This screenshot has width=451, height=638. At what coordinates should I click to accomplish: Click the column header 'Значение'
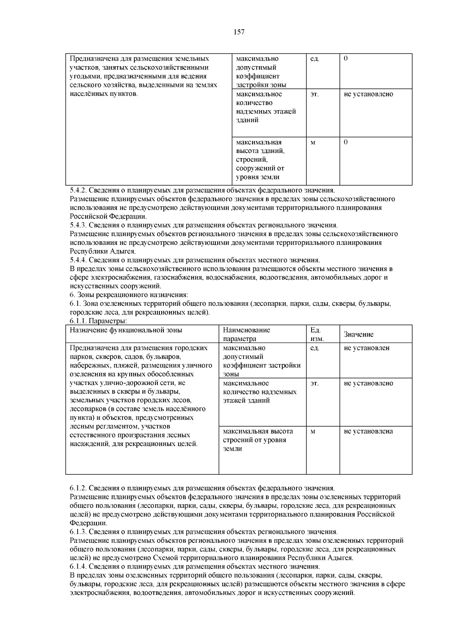click(359, 334)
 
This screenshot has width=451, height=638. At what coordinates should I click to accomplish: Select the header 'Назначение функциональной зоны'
click(126, 330)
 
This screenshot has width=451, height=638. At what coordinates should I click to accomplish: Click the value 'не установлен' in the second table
click(366, 348)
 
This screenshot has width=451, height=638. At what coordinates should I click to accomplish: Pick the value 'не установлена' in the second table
click(368, 431)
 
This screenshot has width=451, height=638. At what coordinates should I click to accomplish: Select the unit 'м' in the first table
click(313, 142)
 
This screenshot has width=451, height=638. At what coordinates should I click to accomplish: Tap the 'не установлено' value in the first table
click(368, 94)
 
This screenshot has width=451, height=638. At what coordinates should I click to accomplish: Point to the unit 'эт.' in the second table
click(314, 383)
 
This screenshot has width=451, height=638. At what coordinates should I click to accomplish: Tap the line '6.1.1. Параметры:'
click(98, 321)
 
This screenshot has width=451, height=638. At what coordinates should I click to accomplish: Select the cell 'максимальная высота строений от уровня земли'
click(258, 440)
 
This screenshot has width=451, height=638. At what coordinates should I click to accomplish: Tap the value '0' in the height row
click(346, 142)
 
